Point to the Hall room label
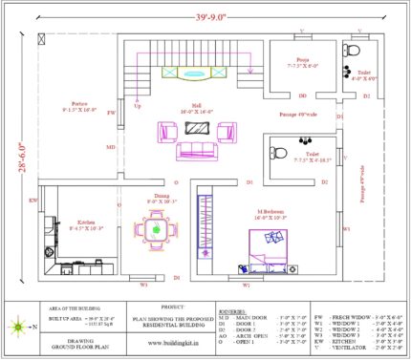(196, 108)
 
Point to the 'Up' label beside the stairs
(137, 106)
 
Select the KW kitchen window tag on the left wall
(32, 201)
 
